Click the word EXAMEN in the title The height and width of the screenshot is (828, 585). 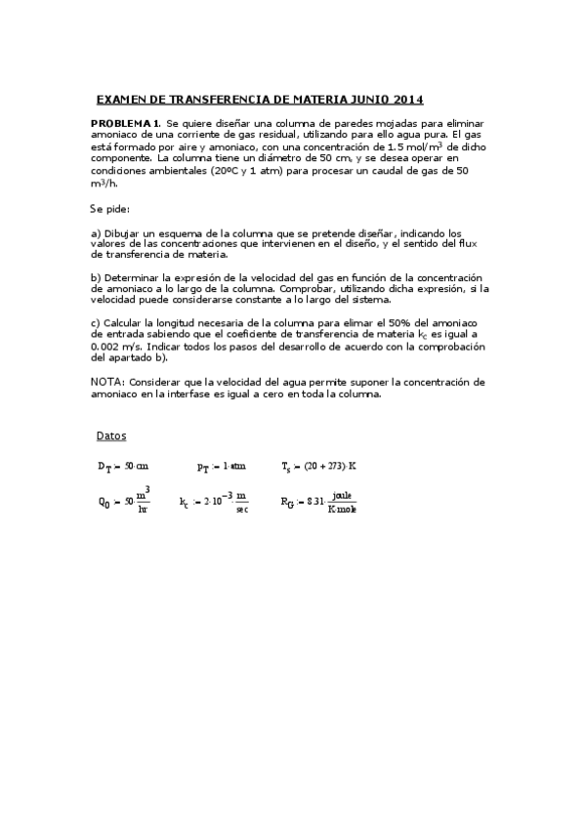(x=121, y=100)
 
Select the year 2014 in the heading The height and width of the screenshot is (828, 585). (x=405, y=100)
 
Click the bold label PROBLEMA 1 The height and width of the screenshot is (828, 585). (x=126, y=122)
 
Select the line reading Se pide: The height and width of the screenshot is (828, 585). (x=109, y=209)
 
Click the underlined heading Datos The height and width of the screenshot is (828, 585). (x=111, y=435)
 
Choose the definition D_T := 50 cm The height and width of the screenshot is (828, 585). (x=122, y=467)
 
